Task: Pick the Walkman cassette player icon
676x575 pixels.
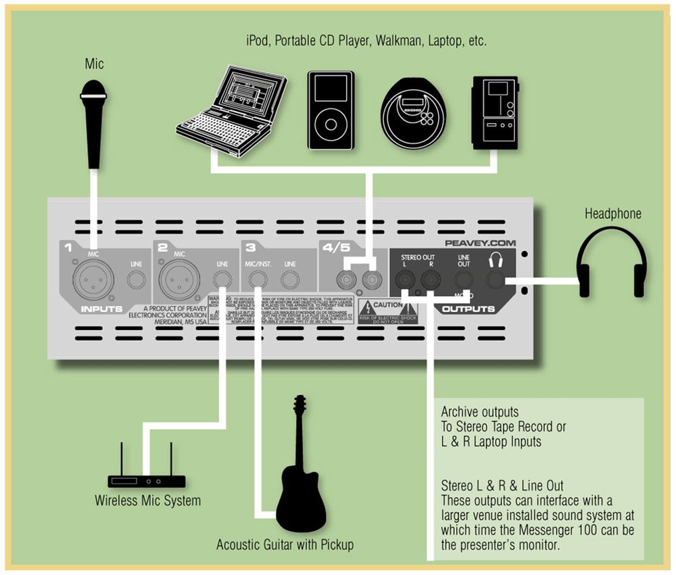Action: point(495,112)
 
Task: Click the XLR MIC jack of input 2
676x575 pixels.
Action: point(179,278)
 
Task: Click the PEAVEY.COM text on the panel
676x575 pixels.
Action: point(479,242)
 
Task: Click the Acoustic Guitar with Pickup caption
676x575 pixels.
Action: point(285,545)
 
